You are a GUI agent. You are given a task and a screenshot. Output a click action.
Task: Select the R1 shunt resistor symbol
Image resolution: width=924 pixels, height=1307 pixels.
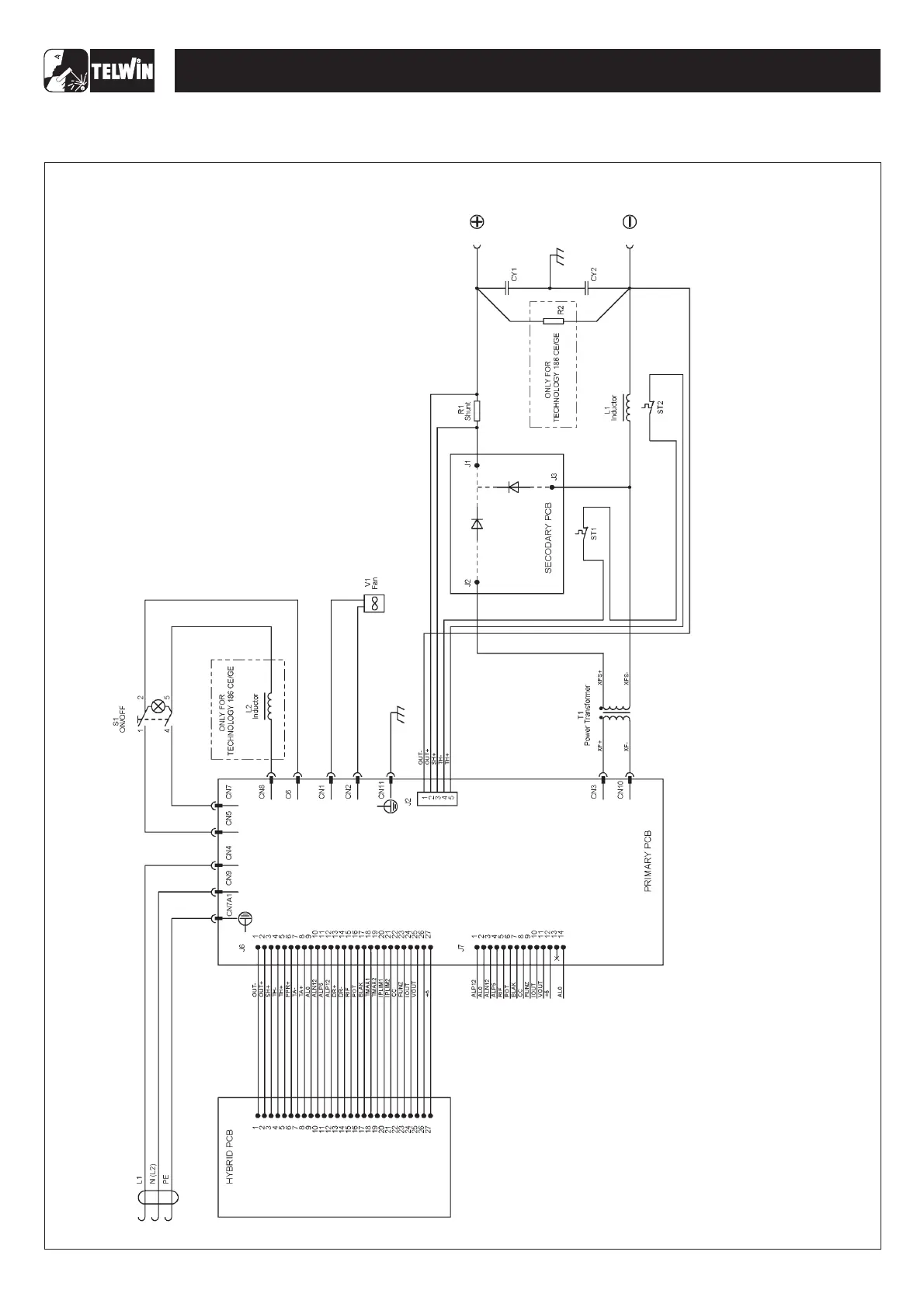(477, 410)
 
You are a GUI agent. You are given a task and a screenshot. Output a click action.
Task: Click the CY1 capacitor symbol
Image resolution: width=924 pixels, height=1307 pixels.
(507, 288)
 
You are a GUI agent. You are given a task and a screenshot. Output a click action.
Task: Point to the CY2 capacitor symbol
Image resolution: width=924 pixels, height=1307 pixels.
(587, 288)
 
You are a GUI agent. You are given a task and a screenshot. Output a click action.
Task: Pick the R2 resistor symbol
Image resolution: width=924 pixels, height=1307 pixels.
(553, 321)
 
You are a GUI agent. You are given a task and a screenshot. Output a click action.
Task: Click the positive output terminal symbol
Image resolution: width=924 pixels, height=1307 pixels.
(477, 222)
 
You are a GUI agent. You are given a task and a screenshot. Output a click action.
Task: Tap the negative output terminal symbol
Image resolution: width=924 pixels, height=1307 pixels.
(630, 222)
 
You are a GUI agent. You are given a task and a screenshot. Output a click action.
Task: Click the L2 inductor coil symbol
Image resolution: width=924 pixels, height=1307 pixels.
(269, 706)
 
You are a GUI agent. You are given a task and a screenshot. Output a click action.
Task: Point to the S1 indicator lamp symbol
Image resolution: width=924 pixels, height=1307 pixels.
(158, 706)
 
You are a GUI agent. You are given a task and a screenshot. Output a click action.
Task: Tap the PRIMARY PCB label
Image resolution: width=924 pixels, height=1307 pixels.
(648, 862)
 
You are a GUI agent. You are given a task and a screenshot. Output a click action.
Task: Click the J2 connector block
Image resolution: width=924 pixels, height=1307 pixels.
(437, 797)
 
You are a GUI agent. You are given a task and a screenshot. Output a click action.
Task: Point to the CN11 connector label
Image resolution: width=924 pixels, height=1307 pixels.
(381, 791)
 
